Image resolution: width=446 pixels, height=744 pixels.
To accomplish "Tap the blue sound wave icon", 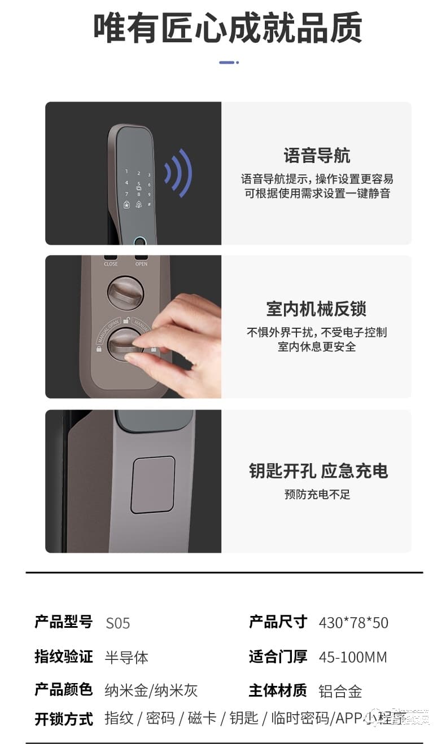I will pos(178,173).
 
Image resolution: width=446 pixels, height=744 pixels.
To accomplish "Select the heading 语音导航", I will pos(317,155).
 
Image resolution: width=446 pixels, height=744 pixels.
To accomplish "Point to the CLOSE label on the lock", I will pos(111,263).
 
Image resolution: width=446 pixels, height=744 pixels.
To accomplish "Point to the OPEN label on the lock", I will pos(141,263).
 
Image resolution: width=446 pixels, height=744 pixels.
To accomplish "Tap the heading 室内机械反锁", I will pos(316,309).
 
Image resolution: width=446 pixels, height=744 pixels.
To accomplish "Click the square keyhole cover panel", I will pos(152,485).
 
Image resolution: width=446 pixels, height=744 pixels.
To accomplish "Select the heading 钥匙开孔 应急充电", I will pos(318,471).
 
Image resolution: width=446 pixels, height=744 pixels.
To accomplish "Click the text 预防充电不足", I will pos(317,495).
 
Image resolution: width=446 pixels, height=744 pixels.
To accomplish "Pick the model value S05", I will pos(117,623).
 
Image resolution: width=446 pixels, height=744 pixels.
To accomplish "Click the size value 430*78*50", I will pos(353,623).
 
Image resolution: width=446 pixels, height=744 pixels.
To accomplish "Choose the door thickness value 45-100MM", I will pos(353,657).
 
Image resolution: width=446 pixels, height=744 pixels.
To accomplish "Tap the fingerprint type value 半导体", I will pos(126,657).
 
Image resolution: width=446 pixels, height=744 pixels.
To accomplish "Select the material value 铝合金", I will pos(340,691).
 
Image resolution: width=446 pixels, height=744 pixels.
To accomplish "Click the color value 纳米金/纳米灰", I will pos(151,691).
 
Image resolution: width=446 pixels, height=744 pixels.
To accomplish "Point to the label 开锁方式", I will pos(64,719).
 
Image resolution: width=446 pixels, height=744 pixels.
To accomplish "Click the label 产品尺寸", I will pos(278,622).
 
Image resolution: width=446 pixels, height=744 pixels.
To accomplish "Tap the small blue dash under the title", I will pos(228,63).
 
